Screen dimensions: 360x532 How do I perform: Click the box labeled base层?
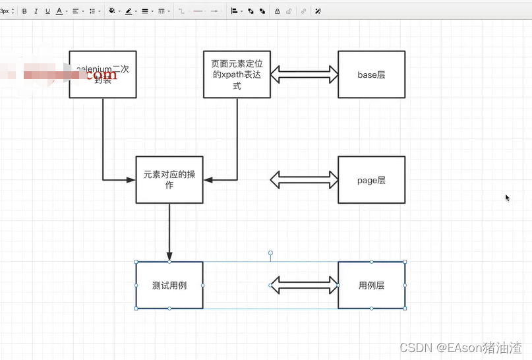371,75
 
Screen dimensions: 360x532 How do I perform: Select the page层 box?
371,180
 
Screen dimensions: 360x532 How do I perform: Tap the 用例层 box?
371,285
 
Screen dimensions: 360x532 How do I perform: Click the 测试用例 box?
169,285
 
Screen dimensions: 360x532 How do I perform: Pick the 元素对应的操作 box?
169,180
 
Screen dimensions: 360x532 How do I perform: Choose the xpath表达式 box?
237,75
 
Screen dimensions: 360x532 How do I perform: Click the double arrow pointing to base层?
304,74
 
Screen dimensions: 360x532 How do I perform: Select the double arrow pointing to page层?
304,179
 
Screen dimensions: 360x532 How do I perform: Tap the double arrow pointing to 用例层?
304,285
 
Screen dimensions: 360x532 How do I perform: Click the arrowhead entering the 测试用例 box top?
169,256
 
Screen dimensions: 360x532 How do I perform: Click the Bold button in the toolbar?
24,11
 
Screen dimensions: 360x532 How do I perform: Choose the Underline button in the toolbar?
47,11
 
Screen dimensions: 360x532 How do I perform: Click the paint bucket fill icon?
111,11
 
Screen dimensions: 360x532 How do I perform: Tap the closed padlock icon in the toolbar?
277,11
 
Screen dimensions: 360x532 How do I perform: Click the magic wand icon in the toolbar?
318,11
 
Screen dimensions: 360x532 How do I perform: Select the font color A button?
59,11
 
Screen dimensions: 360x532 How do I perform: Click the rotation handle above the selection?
270,253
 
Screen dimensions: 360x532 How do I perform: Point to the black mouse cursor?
507,198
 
